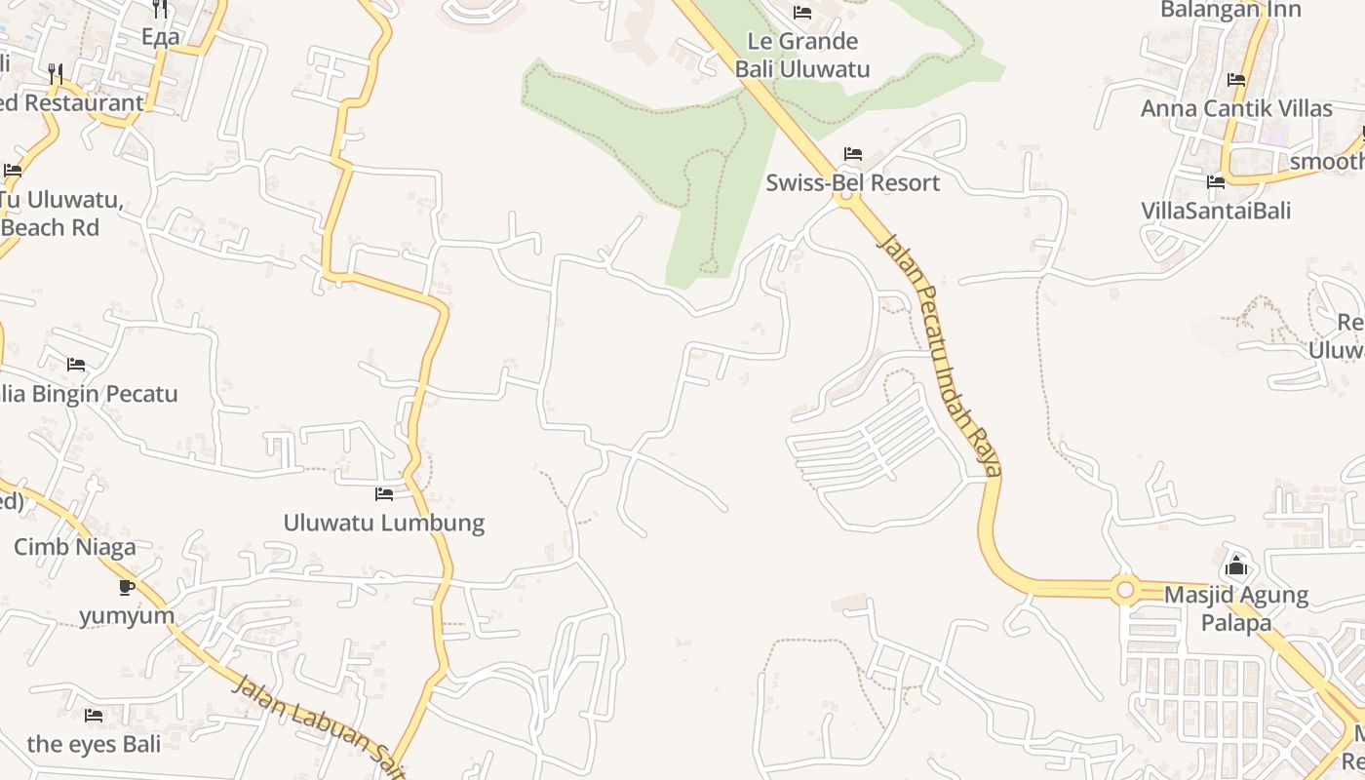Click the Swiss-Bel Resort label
[852, 182]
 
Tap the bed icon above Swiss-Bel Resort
[853, 154]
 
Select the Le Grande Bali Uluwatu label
[802, 55]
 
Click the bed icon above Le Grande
[802, 13]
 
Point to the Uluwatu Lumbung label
[383, 523]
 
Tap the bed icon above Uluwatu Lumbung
[384, 494]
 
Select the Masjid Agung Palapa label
[1236, 607]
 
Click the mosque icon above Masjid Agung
[1236, 565]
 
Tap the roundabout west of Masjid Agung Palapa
[1125, 589]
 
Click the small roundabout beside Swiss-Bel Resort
[845, 196]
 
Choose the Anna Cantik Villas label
[1236, 108]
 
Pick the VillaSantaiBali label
[1216, 211]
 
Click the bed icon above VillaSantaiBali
[1216, 181]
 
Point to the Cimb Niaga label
[75, 547]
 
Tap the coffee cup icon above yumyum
[127, 586]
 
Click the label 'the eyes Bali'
[94, 744]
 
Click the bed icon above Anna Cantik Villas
[1236, 80]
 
